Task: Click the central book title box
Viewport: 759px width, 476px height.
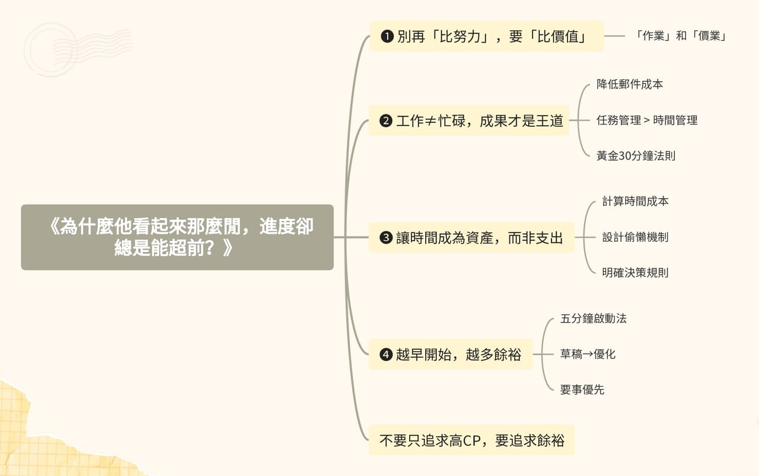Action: click(177, 237)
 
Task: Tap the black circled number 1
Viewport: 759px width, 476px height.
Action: click(387, 36)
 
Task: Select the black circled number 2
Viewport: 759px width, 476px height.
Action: click(386, 120)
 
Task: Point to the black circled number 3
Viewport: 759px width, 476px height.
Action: click(386, 238)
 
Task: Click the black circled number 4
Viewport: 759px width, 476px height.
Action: click(386, 354)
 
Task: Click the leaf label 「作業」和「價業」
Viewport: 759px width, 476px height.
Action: click(680, 36)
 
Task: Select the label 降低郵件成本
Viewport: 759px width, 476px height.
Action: click(630, 84)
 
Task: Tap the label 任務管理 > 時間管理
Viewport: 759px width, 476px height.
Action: click(647, 120)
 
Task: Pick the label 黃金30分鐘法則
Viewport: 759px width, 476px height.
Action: click(636, 155)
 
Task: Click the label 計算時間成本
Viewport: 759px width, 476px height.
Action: click(635, 201)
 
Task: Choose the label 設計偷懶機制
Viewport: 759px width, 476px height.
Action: click(635, 237)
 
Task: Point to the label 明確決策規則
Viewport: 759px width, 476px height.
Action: click(635, 273)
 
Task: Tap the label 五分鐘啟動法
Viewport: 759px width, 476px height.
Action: click(594, 318)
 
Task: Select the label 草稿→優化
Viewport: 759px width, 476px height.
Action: click(588, 354)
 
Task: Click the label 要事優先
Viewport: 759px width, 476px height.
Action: click(582, 389)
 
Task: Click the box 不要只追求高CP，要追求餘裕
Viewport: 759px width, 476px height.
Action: click(471, 440)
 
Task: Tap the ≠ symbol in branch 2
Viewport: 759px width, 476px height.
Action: click(430, 120)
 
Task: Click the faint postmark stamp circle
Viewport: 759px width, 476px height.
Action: click(50, 50)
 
